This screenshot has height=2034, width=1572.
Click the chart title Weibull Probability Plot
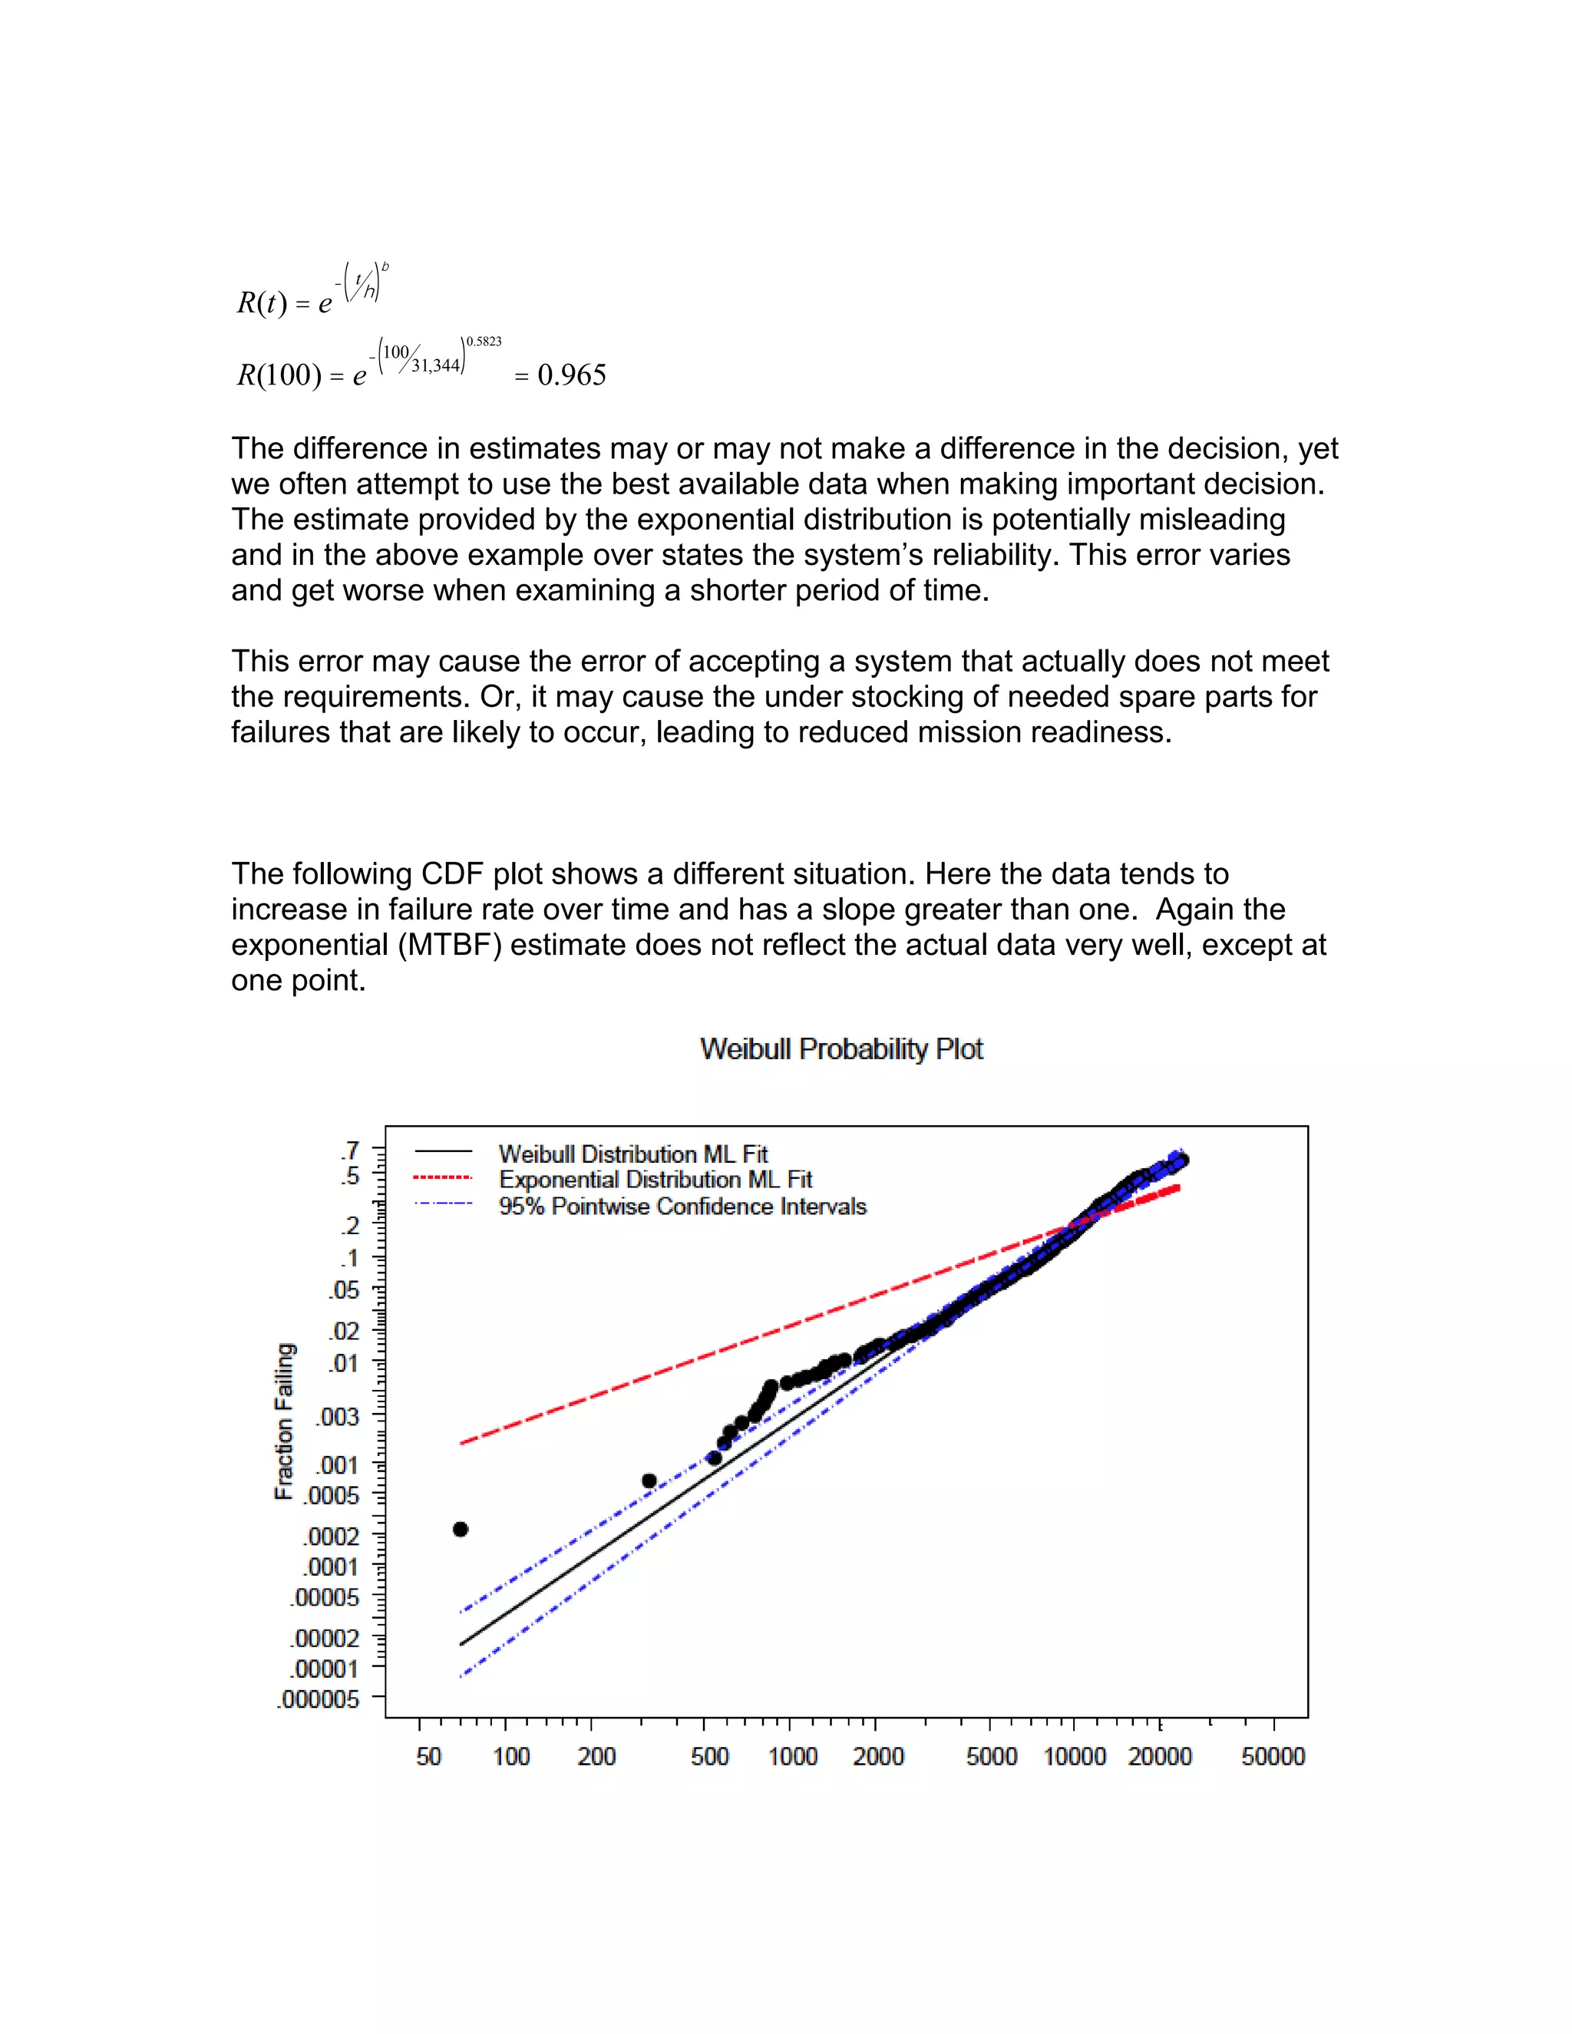841,1049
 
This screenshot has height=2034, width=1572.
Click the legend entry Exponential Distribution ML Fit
655,1180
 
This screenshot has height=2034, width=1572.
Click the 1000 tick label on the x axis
792,1756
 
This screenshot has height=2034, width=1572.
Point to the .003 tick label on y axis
337,1417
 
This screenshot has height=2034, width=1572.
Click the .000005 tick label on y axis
318,1699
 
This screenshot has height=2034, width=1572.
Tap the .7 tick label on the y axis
349,1151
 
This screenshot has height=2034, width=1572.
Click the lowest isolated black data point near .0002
460,1529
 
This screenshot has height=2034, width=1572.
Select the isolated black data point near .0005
649,1481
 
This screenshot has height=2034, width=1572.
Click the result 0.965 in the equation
572,375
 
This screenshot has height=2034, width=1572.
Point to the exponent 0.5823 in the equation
484,342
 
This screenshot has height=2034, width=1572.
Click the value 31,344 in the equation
436,366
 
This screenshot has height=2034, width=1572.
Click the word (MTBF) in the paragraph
451,946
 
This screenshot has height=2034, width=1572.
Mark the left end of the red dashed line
463,1443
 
